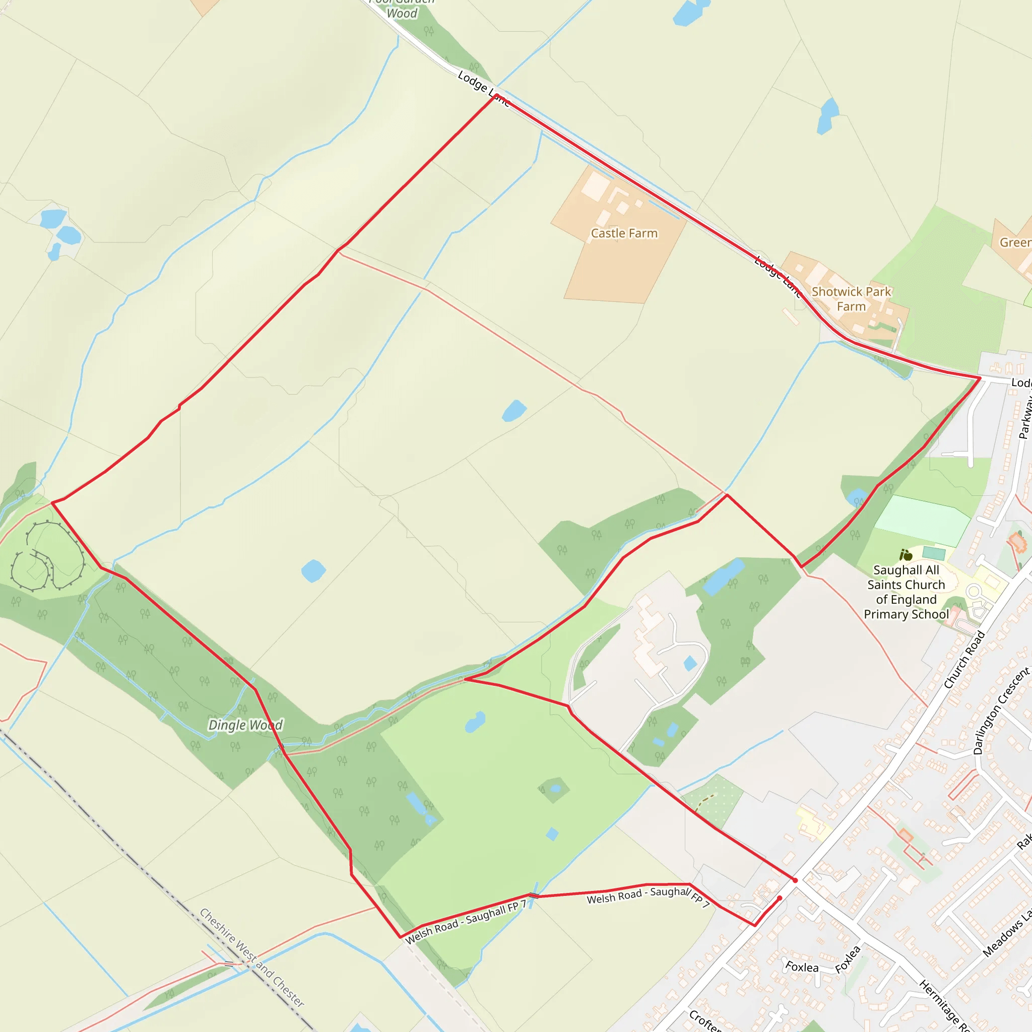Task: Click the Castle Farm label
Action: [624, 233]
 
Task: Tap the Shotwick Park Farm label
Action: [851, 299]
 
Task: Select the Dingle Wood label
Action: [245, 725]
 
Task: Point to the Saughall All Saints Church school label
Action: [906, 593]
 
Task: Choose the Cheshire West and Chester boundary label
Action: [251, 957]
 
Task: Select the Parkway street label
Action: [1025, 417]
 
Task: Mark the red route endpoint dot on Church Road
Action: [795, 880]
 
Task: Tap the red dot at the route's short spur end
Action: [780, 898]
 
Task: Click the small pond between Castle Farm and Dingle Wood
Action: [514, 411]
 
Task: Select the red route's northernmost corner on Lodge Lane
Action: [496, 95]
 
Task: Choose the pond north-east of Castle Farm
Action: [827, 116]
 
